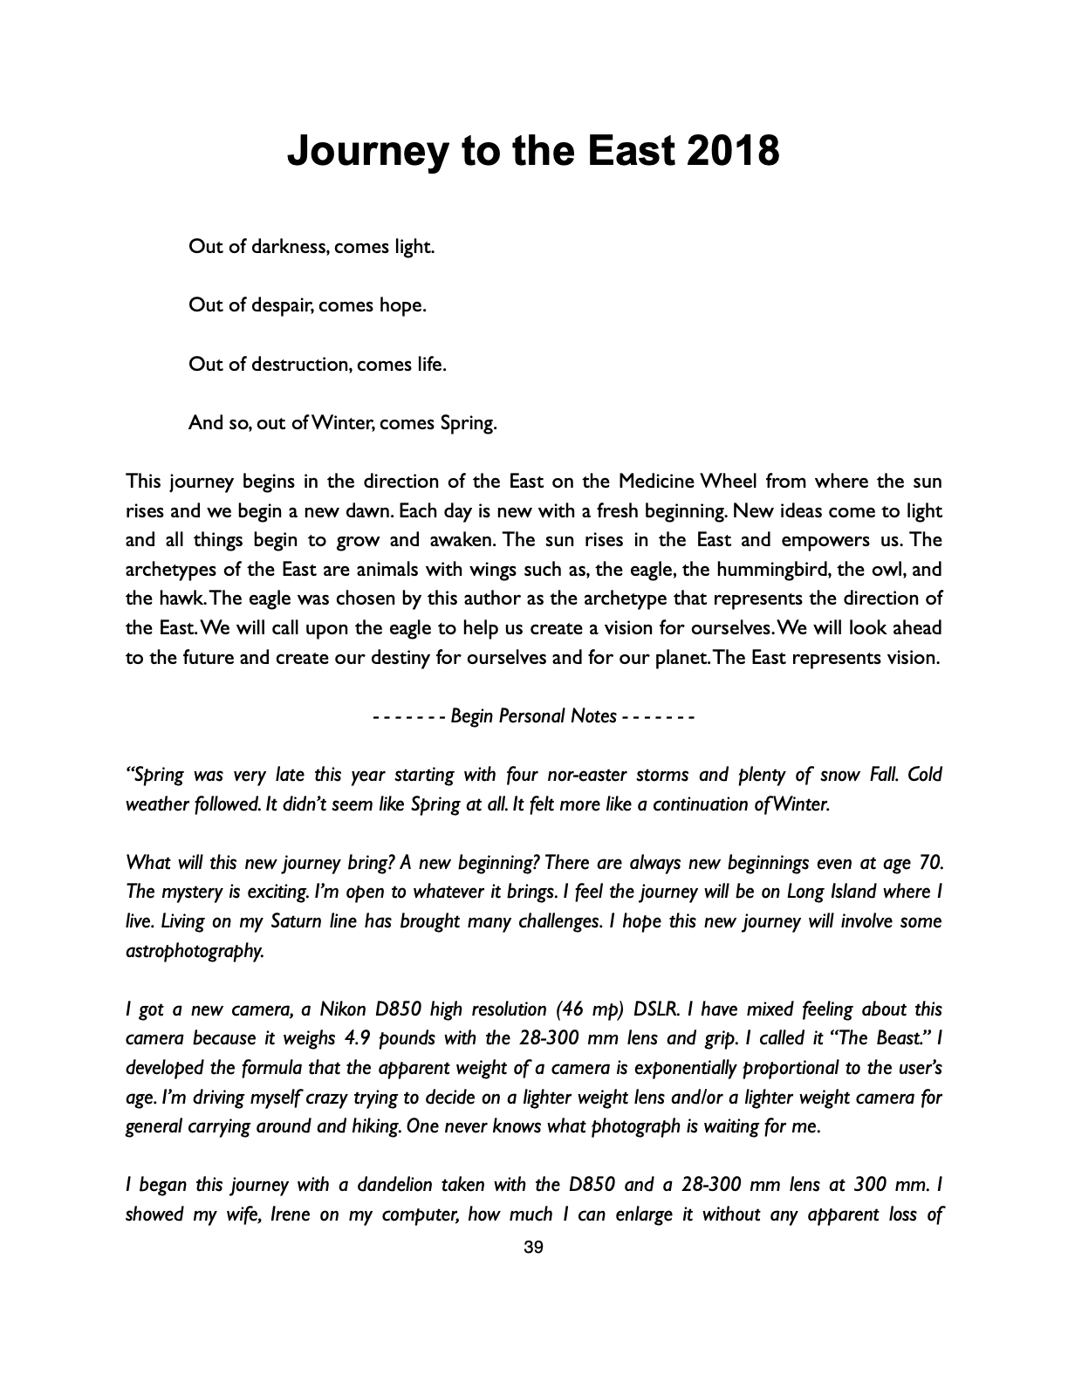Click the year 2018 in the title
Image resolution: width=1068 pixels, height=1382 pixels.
pyautogui.click(x=734, y=151)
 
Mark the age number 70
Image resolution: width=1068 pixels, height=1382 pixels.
pyautogui.click(x=930, y=863)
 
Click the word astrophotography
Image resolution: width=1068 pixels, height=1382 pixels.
pyautogui.click(x=195, y=951)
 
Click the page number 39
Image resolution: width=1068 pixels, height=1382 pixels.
pyautogui.click(x=533, y=1248)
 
